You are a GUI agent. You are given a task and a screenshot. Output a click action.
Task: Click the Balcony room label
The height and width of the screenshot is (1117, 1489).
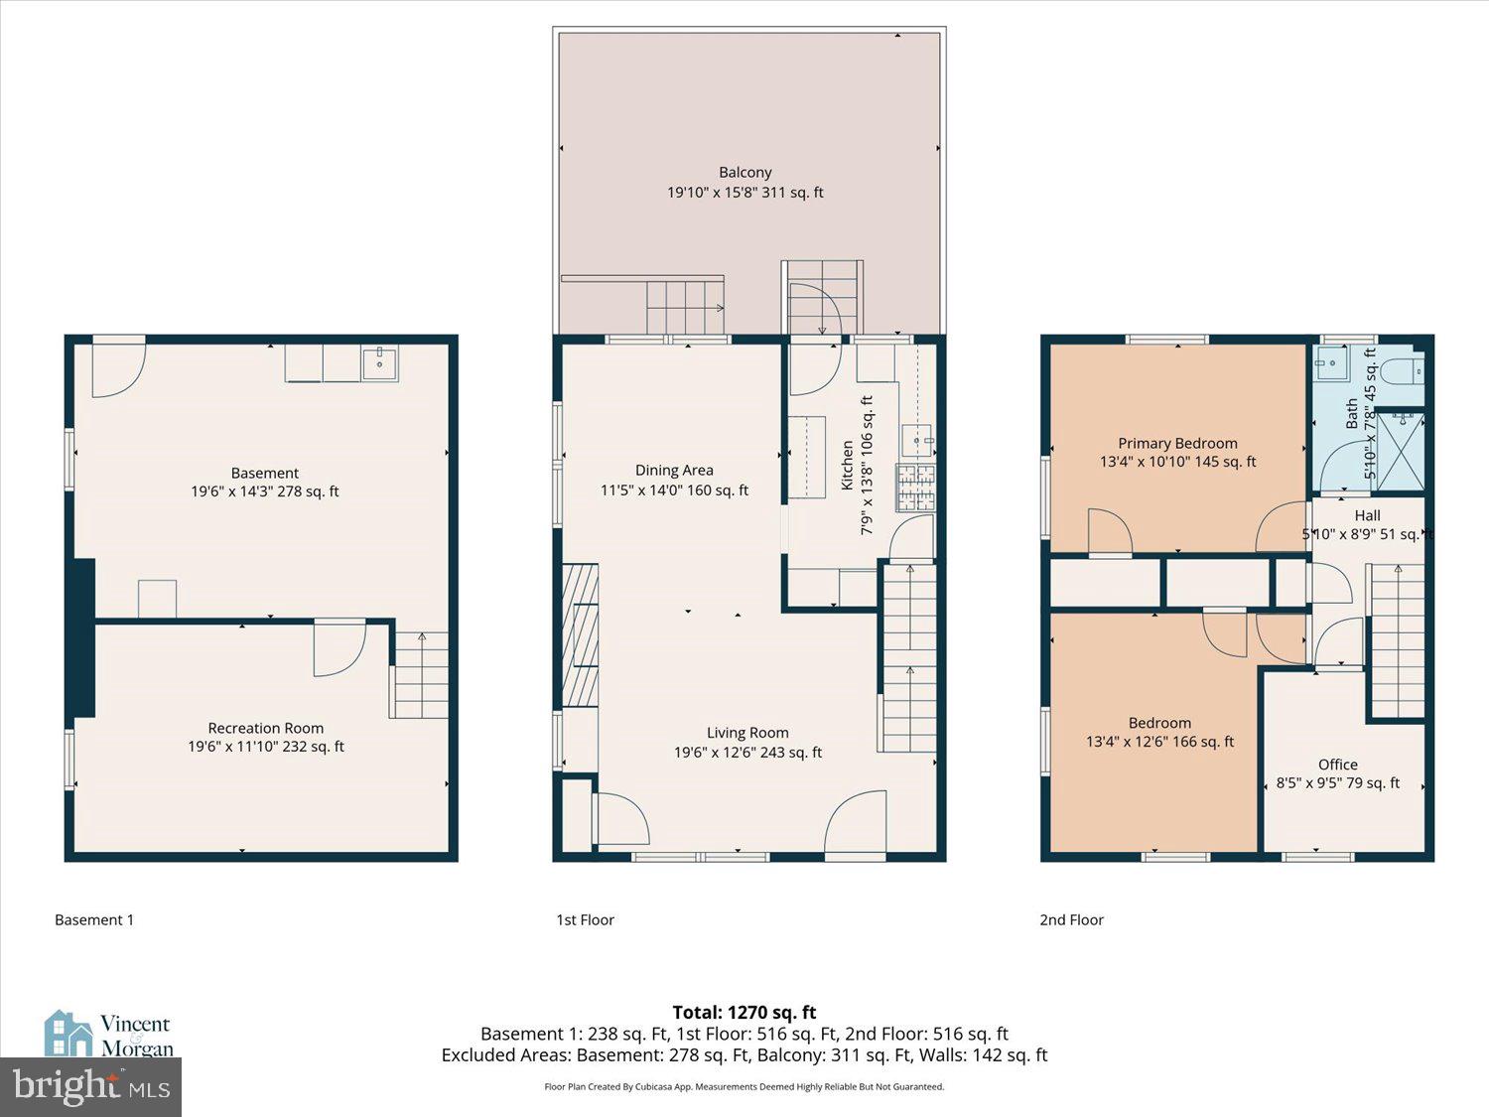pos(744,173)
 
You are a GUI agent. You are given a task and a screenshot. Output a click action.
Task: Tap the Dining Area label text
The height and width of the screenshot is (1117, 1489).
pos(674,471)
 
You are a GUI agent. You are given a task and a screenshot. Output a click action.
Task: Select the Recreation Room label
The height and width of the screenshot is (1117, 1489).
pos(265,729)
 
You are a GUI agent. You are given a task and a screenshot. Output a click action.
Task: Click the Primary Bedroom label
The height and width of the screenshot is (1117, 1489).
pos(1177,444)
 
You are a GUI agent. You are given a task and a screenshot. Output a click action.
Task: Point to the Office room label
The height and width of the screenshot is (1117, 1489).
pos(1337,765)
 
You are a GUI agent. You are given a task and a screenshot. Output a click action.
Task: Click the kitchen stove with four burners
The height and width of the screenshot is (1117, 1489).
pos(916,488)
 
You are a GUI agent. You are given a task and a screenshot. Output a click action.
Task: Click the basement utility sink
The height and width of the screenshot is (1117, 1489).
pos(379,364)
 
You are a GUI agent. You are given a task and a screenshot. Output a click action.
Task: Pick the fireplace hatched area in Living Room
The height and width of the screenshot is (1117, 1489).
pos(580,633)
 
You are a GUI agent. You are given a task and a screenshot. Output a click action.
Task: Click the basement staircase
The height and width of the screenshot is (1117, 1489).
pos(420,675)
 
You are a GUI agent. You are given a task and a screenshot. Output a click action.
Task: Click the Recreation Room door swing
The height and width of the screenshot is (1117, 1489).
pos(338,648)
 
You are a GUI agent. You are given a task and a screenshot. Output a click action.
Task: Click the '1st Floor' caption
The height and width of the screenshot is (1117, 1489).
pos(585,920)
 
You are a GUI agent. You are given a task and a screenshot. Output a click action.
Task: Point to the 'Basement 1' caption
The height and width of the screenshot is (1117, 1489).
pos(94,920)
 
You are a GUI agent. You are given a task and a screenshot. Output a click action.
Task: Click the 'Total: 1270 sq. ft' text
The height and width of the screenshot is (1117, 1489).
pos(744,1013)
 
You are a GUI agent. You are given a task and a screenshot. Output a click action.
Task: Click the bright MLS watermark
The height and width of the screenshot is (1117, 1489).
pos(91,1087)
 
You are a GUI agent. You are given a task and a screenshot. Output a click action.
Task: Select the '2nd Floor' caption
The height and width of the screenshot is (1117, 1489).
pos(1071,920)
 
